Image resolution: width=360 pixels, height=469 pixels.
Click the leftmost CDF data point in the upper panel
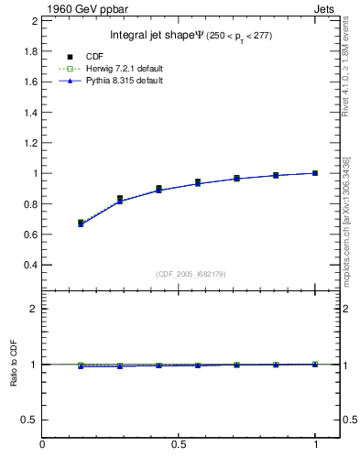(x=81, y=223)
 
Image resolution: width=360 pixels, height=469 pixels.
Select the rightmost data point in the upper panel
(x=315, y=172)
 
